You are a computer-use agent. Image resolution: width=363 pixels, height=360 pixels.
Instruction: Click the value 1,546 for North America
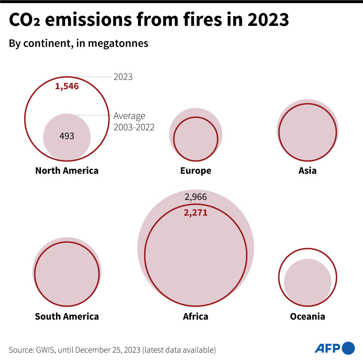coord(67,86)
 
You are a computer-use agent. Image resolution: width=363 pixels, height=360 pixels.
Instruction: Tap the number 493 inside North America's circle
coord(67,136)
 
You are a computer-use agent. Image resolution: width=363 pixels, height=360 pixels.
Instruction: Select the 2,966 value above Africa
coord(196,197)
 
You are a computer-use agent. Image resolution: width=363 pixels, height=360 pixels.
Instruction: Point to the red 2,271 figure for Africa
coord(195,213)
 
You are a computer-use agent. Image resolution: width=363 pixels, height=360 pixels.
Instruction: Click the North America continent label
coord(67,170)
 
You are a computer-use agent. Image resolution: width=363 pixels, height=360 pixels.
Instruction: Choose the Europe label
coord(196,171)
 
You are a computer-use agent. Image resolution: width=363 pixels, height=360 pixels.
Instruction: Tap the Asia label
coord(307,171)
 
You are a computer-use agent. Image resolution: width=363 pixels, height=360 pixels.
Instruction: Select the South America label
coord(67,316)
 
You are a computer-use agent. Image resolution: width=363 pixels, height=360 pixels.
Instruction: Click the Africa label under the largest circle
coord(196,316)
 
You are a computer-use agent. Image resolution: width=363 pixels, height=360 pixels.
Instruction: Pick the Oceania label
coord(307,316)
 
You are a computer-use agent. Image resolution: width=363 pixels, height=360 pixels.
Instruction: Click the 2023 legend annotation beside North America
coord(123,77)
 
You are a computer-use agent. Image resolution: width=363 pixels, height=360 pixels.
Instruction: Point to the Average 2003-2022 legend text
coord(134,121)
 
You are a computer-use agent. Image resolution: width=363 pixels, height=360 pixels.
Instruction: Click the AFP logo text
coord(327,348)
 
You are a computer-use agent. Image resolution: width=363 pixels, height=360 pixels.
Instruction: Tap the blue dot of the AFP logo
coord(348,348)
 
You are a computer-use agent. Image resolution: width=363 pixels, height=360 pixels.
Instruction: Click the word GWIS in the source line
coord(45,350)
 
